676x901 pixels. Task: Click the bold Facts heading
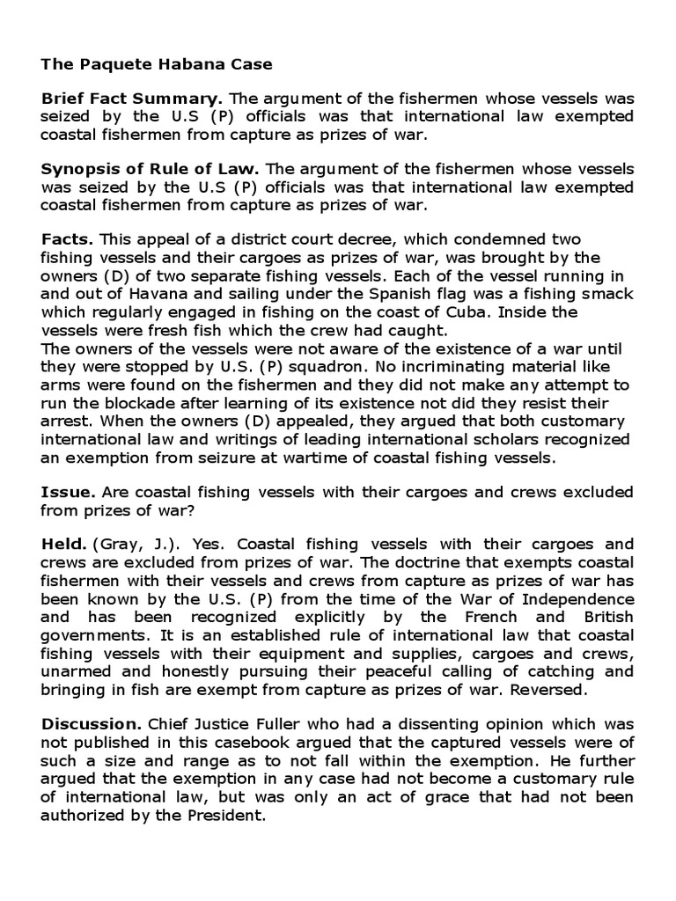pyautogui.click(x=70, y=239)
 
